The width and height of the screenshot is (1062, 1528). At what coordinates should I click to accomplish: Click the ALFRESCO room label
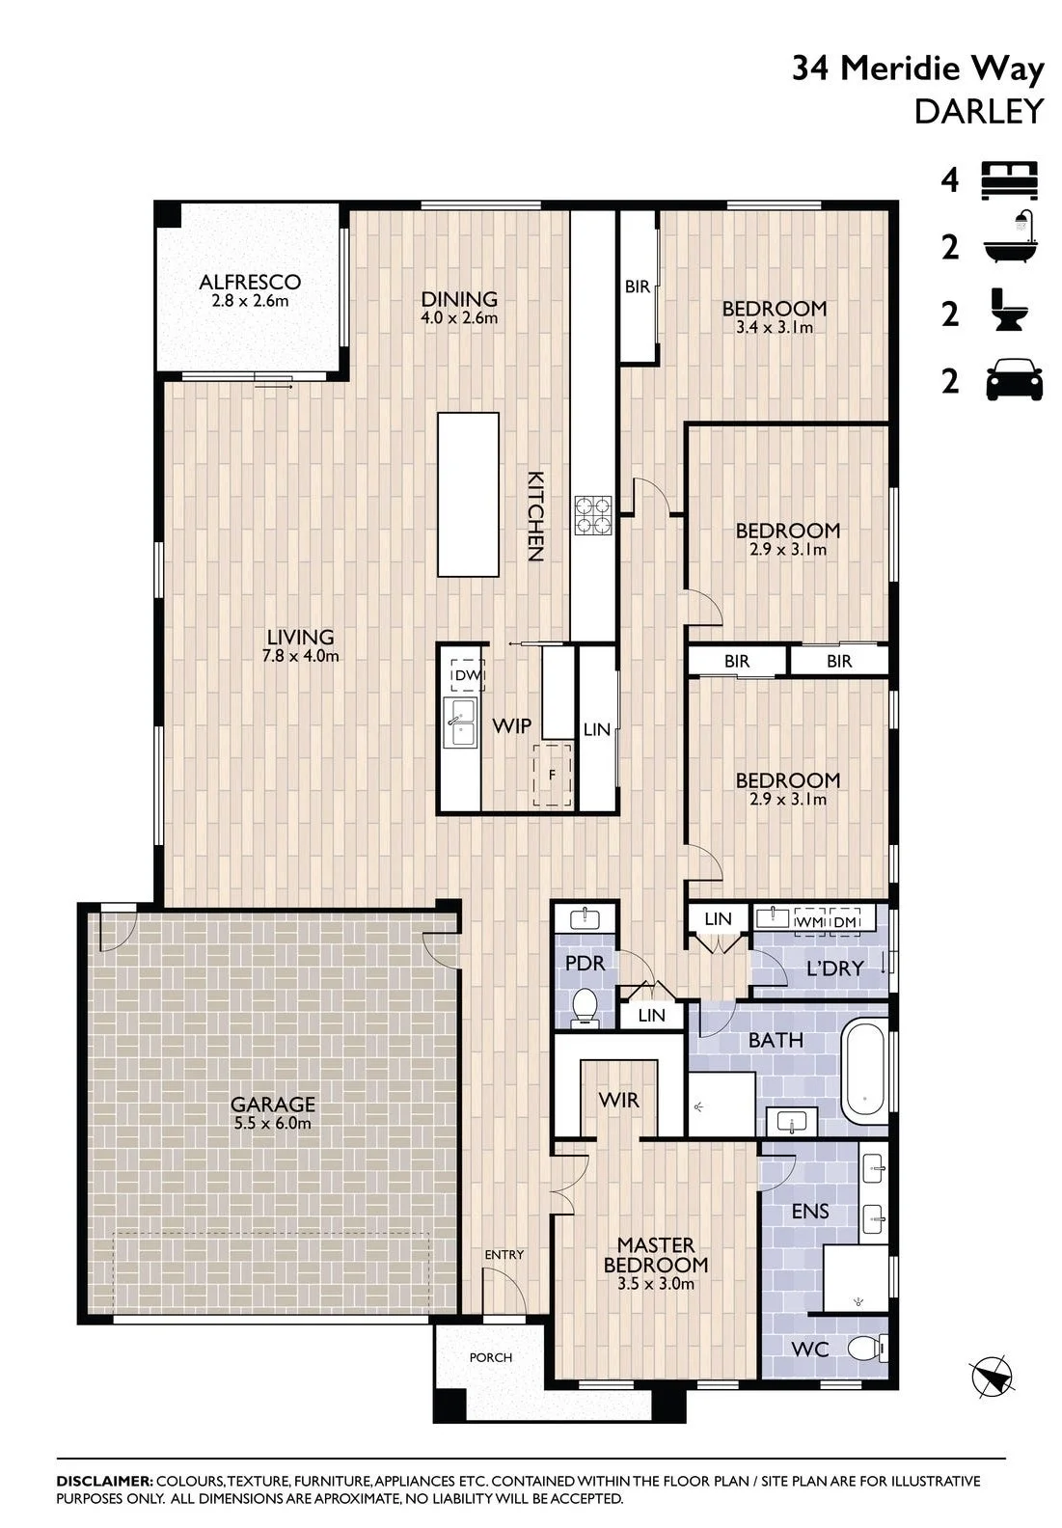coord(250,281)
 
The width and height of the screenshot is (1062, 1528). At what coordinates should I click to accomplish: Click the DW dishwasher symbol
coord(467,675)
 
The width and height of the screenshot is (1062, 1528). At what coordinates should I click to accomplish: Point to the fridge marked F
coord(553,775)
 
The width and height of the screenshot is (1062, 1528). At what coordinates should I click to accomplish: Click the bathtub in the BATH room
coord(865,1078)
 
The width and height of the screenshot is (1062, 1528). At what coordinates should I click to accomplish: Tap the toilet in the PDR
coord(585,1007)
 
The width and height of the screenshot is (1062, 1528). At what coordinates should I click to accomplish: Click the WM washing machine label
coord(810,921)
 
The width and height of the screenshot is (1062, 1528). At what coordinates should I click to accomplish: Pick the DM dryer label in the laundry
coord(844,921)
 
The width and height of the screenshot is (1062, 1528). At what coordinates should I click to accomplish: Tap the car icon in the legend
coord(1014,381)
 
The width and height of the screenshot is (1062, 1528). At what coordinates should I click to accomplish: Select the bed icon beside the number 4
coord(1010,180)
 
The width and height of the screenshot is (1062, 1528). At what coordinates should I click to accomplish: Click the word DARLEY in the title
coord(979,112)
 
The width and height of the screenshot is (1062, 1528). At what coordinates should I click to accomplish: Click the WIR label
coord(618,1100)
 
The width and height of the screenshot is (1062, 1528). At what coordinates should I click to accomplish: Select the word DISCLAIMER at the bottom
coord(104,1481)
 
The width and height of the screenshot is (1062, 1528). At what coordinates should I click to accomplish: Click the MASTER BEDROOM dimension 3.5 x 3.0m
coord(656,1284)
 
